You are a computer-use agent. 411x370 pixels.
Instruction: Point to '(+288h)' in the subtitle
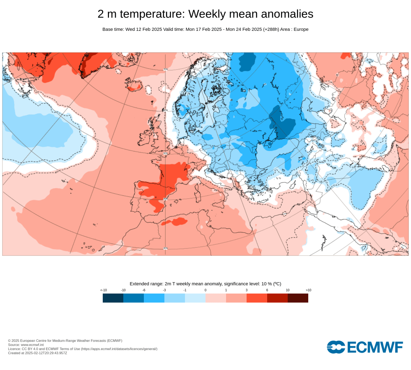271,29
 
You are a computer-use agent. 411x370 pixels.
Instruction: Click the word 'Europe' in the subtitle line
301,29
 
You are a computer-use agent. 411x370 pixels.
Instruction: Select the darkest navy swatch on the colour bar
113,298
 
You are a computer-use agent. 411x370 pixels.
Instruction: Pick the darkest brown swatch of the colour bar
298,298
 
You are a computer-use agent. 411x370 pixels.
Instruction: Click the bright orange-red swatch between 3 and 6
257,298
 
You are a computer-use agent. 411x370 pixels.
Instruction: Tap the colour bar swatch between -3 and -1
175,298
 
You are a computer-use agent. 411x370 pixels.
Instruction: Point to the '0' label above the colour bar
206,290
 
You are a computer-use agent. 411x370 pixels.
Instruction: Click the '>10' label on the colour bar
308,290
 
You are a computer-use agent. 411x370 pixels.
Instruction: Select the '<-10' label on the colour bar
103,290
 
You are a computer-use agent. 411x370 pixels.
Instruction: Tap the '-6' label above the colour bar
144,290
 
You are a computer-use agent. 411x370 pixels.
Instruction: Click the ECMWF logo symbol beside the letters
336,347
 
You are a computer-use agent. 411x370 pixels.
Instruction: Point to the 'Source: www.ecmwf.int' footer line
26,345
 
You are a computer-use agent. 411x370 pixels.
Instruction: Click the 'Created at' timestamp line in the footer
38,353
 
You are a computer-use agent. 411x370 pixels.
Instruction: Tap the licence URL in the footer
119,349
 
